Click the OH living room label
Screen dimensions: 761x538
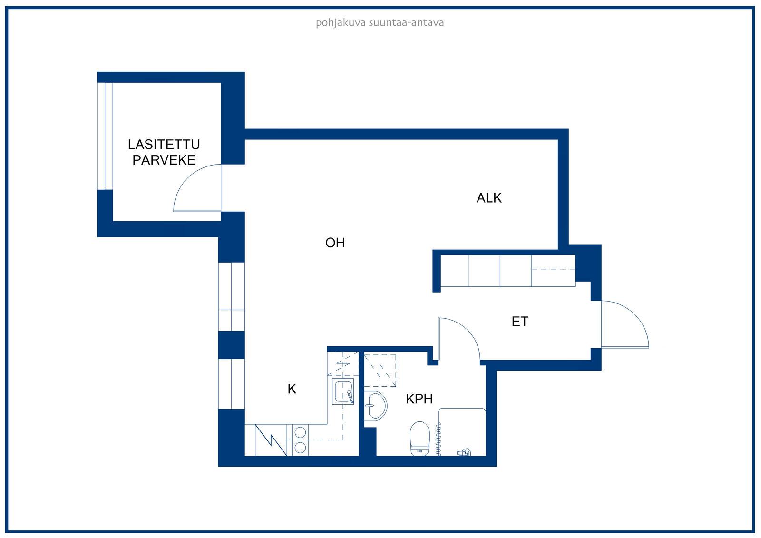335,243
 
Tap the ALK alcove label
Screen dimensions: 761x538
489,198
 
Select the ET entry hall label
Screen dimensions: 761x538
520,322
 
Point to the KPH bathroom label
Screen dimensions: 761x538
419,399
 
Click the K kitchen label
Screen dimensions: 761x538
292,389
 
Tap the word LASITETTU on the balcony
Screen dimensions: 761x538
164,145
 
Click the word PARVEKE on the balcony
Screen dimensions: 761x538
164,160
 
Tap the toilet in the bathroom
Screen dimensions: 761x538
420,439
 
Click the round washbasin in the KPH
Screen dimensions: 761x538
375,406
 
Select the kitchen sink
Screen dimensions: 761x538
343,391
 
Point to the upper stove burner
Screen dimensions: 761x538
300,432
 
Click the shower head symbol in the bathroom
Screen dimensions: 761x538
464,452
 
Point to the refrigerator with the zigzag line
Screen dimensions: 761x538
271,440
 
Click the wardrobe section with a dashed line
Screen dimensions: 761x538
553,271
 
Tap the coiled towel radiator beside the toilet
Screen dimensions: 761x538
438,439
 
